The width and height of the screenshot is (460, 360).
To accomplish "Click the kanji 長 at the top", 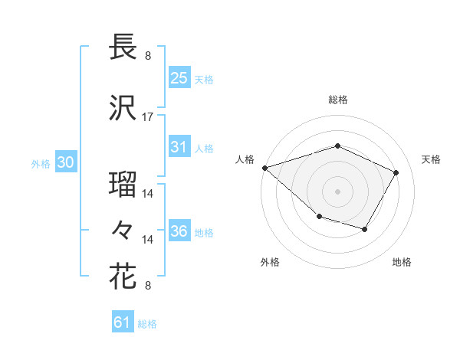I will [123, 47].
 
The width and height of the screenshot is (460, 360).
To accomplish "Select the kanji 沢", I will [123, 108].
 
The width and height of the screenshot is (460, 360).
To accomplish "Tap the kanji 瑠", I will [123, 185].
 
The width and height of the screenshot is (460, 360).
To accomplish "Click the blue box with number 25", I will [179, 78].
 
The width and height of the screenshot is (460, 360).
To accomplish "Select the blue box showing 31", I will [179, 147].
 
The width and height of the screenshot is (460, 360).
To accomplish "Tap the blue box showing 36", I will [179, 231].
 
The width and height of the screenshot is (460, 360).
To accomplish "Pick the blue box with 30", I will [65, 162].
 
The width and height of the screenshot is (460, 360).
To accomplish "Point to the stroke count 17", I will [148, 117].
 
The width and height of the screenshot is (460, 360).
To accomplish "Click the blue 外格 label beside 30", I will [41, 163].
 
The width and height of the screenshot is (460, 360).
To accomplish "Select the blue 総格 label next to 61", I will [147, 324].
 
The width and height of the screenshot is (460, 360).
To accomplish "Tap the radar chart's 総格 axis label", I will [338, 100].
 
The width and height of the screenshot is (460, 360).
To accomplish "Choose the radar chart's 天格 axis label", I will [431, 159].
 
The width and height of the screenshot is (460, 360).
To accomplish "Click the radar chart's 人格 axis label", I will [245, 159].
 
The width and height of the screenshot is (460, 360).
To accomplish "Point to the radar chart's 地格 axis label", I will [402, 262].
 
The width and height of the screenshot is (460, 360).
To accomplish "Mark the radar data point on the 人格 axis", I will [264, 167].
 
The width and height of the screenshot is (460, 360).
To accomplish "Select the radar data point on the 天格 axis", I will [396, 172].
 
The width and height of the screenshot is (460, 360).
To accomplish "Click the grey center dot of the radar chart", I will [338, 191].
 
